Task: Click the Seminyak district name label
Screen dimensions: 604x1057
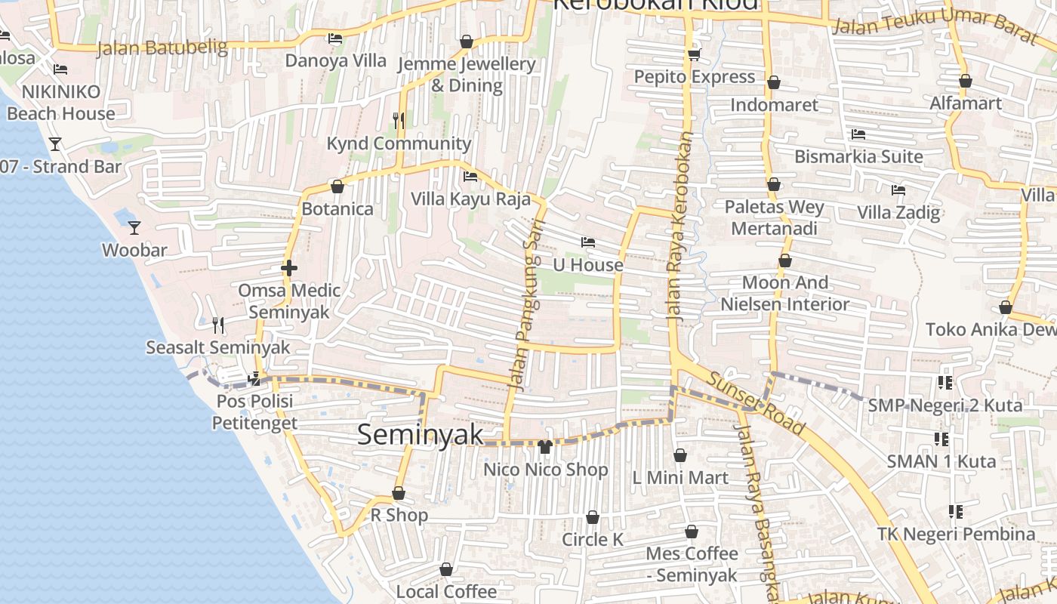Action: coord(420,434)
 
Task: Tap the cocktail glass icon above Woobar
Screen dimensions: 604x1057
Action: coord(134,227)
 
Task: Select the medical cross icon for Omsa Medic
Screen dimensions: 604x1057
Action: coord(288,268)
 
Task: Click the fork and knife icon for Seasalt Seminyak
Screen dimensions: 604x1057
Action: coord(218,325)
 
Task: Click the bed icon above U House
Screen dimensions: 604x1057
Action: coord(588,242)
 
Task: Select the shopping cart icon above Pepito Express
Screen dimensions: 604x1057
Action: coord(694,54)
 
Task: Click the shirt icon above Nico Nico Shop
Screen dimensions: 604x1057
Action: coord(545,446)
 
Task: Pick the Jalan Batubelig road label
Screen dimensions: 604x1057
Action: coord(162,48)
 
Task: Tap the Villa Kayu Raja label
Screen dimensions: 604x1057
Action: coord(470,199)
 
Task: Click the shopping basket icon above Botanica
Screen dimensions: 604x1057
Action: coord(337,186)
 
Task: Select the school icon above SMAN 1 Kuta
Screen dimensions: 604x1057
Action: coord(941,439)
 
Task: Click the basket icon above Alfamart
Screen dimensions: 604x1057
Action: coord(966,81)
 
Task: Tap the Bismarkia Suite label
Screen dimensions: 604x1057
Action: coord(858,157)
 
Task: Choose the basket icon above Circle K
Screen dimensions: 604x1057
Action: coord(593,517)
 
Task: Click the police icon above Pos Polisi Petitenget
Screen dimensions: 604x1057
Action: coord(254,378)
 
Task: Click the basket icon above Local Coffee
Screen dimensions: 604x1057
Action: coord(446,569)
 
